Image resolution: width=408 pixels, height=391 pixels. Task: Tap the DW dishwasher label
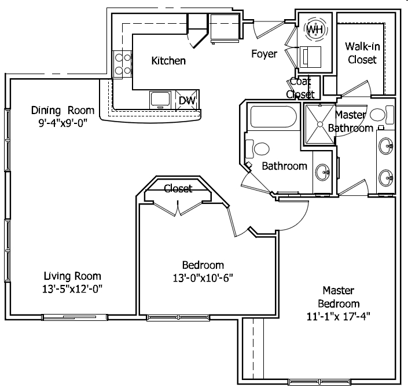click(187, 100)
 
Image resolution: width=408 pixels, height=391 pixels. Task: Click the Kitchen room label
click(168, 61)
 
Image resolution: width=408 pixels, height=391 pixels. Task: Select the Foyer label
click(264, 54)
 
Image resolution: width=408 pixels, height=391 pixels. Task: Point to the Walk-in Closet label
click(362, 53)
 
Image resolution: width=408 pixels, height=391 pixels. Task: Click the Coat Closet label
click(300, 88)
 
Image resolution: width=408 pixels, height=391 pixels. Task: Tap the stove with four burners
click(122, 64)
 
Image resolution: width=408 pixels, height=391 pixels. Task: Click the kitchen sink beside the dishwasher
click(160, 100)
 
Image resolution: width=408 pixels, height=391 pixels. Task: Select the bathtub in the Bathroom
click(273, 116)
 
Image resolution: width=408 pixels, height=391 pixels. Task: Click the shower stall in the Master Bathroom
click(320, 125)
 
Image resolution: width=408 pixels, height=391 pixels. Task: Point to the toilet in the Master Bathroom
click(382, 115)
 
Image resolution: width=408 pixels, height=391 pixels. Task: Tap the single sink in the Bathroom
click(323, 172)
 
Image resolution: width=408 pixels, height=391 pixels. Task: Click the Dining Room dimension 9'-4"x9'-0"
click(63, 123)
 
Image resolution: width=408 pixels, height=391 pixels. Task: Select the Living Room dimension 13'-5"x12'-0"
click(72, 288)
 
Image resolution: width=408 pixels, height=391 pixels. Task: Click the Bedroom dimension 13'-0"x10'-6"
click(203, 278)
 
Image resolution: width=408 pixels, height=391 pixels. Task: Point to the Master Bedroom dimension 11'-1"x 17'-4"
click(339, 316)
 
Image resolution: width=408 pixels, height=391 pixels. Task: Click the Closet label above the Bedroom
click(178, 188)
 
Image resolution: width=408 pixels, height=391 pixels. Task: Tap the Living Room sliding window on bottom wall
click(75, 317)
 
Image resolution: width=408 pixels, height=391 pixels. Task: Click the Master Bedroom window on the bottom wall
click(319, 382)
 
